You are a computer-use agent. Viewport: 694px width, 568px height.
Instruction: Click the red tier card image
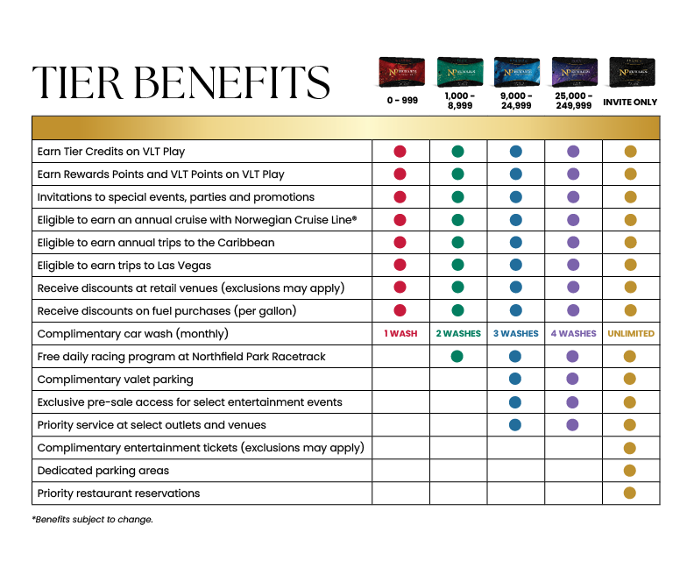tap(401, 72)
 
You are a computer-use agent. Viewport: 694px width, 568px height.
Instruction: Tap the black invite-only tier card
tap(630, 72)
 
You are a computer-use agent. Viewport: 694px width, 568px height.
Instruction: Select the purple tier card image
tap(573, 72)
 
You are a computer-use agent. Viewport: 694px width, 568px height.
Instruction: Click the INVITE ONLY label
tap(630, 103)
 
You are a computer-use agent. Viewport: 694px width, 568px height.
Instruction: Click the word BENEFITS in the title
tap(234, 82)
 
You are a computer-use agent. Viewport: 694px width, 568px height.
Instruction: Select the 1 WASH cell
tap(400, 334)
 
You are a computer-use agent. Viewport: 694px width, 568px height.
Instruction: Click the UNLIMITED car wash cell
tap(630, 334)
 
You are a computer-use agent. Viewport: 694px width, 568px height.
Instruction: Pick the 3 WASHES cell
tap(515, 334)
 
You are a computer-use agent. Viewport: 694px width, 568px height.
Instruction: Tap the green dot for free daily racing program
tap(457, 357)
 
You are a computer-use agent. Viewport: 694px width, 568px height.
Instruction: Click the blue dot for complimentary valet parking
tap(515, 380)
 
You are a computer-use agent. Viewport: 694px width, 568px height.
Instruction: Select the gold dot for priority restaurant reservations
tap(630, 493)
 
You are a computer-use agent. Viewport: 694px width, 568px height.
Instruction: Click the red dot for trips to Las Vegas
tap(400, 266)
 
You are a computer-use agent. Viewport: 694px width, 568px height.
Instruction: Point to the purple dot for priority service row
tap(573, 425)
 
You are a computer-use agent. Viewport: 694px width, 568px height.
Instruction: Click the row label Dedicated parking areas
tap(103, 471)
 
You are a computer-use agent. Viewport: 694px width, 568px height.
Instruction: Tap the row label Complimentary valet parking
tap(115, 380)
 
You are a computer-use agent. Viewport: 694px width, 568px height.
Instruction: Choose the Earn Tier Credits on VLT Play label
tap(111, 152)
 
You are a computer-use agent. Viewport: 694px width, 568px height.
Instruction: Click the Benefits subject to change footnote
tap(93, 520)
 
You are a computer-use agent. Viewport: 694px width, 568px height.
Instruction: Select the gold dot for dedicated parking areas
tap(630, 471)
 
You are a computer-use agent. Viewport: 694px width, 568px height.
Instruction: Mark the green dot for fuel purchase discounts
tap(457, 311)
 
